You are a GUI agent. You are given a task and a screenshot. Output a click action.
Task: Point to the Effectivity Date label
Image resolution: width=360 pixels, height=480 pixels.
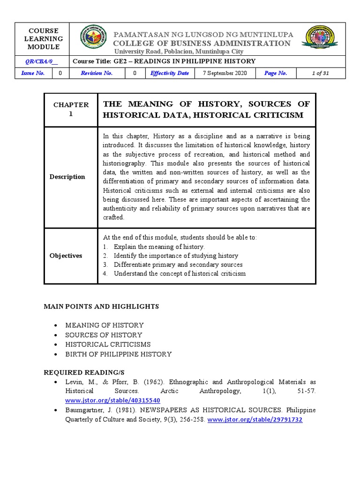169,73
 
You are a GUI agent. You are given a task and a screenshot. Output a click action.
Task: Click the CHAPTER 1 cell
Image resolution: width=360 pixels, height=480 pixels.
71,109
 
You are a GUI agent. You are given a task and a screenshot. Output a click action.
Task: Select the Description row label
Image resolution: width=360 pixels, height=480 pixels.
68,177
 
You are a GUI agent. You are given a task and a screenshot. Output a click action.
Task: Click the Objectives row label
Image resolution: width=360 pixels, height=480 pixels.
66,255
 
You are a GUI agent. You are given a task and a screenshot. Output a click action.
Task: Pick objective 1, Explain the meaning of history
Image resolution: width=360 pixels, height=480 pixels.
159,247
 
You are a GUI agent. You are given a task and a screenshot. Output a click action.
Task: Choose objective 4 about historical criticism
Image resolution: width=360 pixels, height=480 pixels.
179,273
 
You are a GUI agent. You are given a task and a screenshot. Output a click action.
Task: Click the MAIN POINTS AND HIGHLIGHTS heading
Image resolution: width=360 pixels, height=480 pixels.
101,306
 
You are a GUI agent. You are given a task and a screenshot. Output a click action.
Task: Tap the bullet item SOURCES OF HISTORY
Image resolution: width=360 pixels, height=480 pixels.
104,335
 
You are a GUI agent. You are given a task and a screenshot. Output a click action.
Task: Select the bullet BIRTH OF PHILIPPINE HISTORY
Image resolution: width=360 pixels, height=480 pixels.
118,354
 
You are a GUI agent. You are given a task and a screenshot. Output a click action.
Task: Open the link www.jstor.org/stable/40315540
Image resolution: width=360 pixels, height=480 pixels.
112,400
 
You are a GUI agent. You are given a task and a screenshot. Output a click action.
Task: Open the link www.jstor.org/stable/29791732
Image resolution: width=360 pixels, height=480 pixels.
255,420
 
